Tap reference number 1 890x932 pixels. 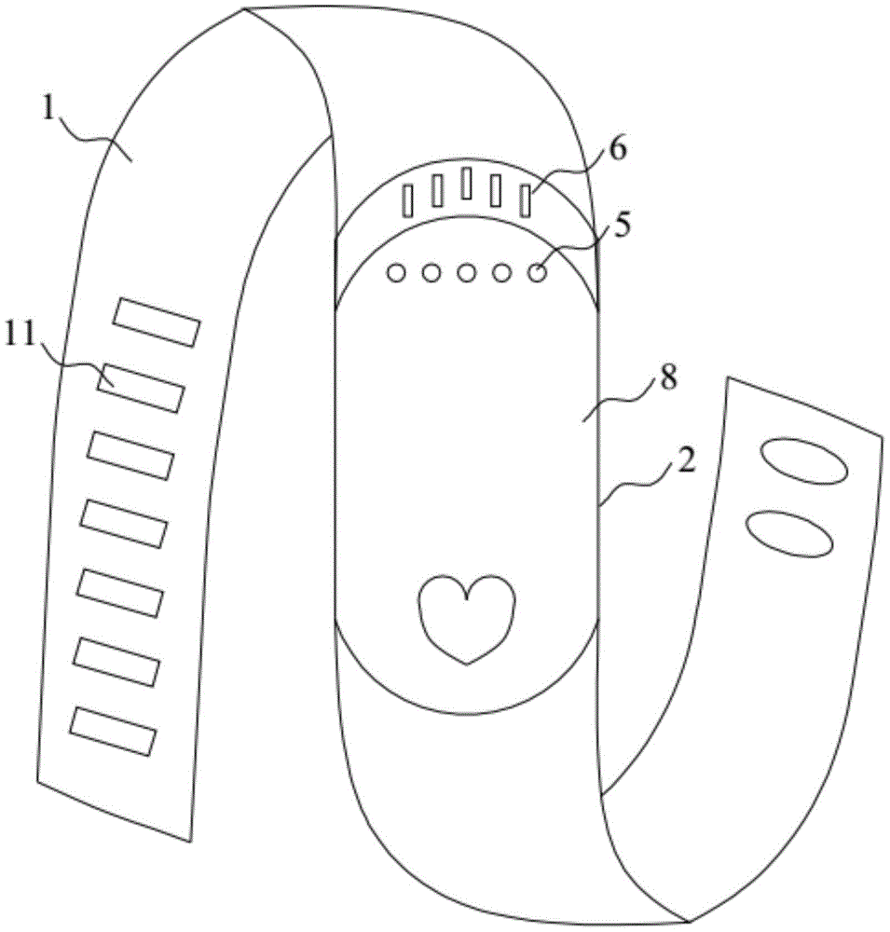click(49, 109)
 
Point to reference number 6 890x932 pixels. click(618, 149)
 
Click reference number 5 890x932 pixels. click(622, 226)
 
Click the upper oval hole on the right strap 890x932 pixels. click(802, 461)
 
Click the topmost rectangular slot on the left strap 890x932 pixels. click(157, 322)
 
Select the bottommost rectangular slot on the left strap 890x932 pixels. click(113, 732)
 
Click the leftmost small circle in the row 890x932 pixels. click(396, 273)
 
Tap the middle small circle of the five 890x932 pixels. click(467, 273)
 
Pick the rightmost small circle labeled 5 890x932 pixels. click(538, 273)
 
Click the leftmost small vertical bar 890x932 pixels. click(408, 200)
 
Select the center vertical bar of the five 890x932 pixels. click(467, 183)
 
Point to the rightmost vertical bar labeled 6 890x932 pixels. click(525, 201)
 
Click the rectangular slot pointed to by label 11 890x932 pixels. click(142, 388)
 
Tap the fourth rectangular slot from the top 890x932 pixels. click(123, 524)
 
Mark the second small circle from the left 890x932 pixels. click(431, 273)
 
